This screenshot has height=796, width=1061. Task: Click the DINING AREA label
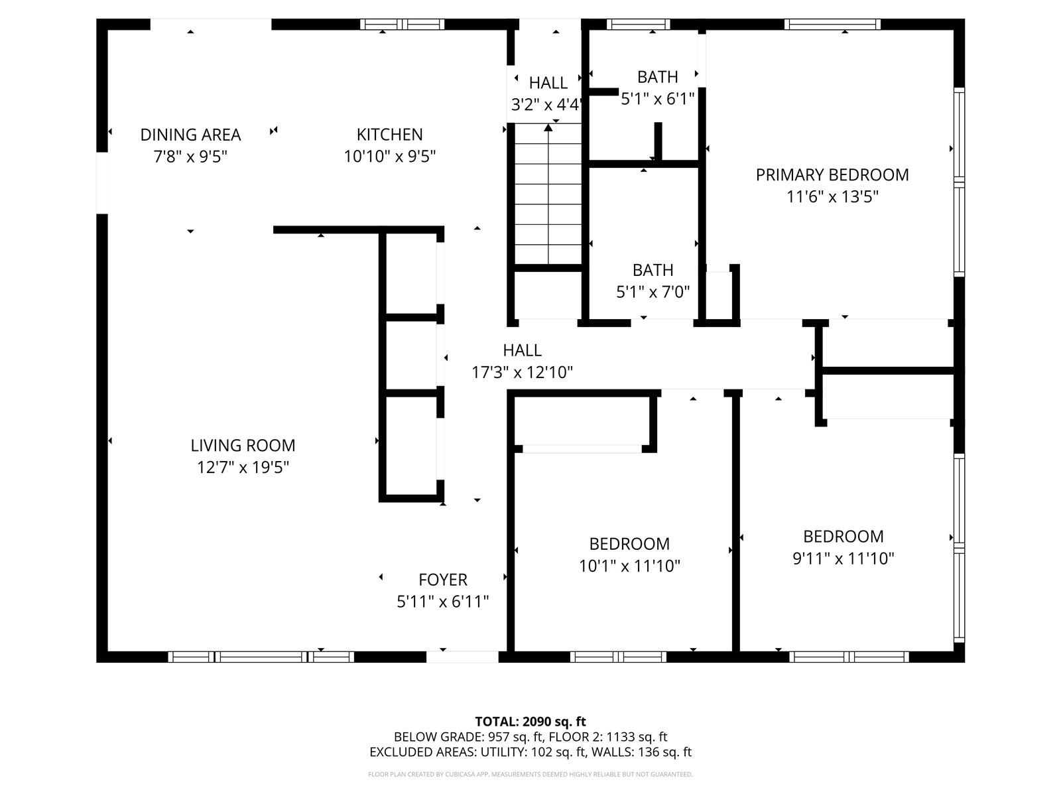[190, 135]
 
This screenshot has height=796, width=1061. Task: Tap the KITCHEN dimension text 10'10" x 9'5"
[389, 157]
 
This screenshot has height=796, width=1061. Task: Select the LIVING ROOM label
[243, 445]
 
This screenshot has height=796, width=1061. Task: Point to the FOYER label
[443, 580]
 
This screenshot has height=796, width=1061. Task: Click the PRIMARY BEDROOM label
[832, 175]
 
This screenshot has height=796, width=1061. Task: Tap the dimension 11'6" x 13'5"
[832, 197]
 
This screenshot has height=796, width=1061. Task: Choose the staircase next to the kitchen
[548, 196]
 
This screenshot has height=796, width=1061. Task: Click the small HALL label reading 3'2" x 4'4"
[548, 84]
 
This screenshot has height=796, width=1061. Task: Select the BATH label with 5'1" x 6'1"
[657, 78]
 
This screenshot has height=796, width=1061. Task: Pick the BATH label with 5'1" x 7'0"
[653, 271]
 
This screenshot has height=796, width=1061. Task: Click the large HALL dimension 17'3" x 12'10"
[522, 372]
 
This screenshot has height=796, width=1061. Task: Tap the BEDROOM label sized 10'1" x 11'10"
[629, 544]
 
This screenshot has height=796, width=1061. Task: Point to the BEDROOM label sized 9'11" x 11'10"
[843, 537]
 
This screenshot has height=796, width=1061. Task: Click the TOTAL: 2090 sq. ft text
[530, 722]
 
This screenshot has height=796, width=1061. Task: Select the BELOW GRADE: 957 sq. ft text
[468, 737]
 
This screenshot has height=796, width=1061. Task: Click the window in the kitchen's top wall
[402, 25]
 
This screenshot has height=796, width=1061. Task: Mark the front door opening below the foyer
[462, 657]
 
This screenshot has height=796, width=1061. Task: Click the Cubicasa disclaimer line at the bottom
[530, 774]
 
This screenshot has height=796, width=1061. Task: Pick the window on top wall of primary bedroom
[832, 25]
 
